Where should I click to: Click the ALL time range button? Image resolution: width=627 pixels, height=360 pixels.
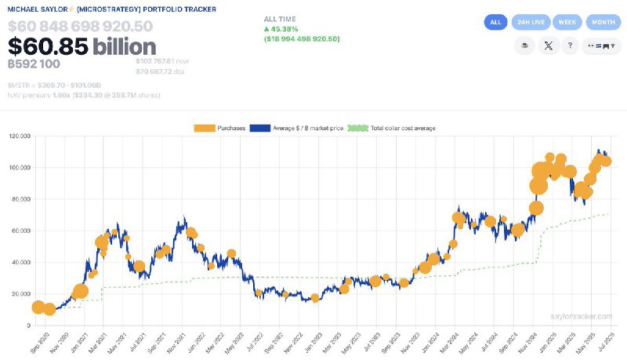(495, 23)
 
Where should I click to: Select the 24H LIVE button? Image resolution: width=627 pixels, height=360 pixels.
(531, 23)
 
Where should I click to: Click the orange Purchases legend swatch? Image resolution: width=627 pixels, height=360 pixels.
(205, 128)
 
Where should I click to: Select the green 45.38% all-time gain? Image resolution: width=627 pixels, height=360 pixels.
(282, 28)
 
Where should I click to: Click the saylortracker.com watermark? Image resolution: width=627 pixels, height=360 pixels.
(580, 316)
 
